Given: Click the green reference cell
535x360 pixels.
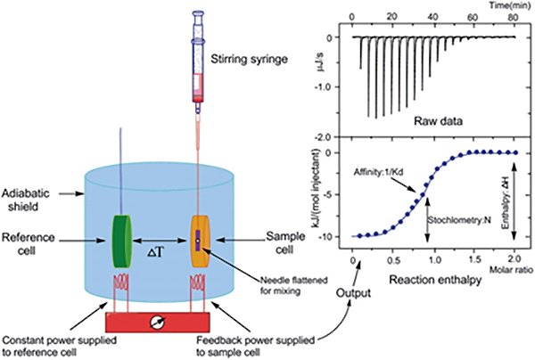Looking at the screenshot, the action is (x=122, y=241).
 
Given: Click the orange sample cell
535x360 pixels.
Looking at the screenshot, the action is (x=200, y=241).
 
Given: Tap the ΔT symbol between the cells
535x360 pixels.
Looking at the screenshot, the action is (x=155, y=252).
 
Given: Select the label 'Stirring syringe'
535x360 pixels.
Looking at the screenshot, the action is (x=249, y=59).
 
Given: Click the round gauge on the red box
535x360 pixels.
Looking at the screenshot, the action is (x=158, y=322).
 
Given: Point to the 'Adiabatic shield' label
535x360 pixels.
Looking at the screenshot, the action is (x=25, y=200).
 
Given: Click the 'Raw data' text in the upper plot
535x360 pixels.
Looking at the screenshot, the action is (x=439, y=120).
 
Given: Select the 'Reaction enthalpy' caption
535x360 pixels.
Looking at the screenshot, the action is (x=435, y=280).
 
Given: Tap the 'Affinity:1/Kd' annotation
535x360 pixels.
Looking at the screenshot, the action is (x=378, y=172).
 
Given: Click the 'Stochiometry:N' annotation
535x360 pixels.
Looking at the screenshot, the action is (x=459, y=220).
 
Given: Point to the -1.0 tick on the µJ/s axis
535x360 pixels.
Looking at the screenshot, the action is (x=323, y=87).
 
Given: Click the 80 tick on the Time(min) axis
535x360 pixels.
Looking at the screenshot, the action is (x=513, y=17).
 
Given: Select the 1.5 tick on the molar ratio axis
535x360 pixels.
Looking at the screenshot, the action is (x=474, y=260).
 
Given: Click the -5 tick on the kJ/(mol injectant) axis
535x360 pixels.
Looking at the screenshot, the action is (x=325, y=194).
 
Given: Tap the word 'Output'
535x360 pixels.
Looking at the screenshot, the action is (x=353, y=293).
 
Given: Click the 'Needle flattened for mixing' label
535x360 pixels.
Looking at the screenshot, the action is (x=293, y=286).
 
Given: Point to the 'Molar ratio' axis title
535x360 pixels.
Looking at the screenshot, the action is (x=512, y=270).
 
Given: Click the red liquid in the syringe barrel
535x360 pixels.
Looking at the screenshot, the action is (x=198, y=88).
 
